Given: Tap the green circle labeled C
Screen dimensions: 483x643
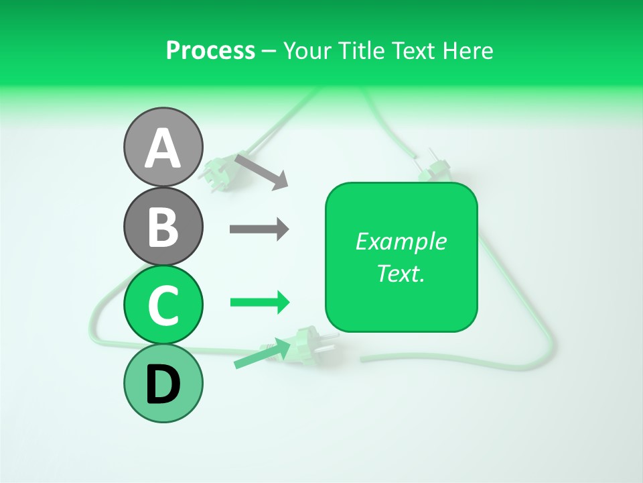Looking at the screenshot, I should (x=163, y=305).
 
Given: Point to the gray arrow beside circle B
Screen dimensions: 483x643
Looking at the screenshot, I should (x=259, y=229).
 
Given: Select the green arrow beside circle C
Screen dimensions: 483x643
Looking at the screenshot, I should (x=259, y=303).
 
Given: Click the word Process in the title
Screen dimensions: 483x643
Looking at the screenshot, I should (x=210, y=50).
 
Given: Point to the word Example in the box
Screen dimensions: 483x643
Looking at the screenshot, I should (x=401, y=241).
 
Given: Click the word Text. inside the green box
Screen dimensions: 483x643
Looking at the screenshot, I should (x=401, y=273).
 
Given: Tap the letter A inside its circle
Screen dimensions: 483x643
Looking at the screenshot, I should (x=163, y=149).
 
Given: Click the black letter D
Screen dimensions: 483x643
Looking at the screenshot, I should (x=163, y=384).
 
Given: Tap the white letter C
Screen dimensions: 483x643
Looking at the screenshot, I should (x=163, y=305).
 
